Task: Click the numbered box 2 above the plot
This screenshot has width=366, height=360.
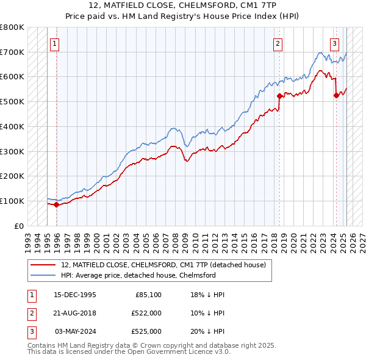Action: (x=278, y=43)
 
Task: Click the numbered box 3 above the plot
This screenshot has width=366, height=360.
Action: (x=335, y=43)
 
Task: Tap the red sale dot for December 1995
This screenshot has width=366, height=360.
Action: (x=57, y=204)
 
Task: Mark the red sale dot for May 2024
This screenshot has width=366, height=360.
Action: (x=336, y=95)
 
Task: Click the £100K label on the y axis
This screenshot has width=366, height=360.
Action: (x=12, y=201)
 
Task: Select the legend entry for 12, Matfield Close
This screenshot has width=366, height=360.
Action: (x=163, y=265)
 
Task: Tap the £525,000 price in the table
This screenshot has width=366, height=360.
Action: (x=146, y=331)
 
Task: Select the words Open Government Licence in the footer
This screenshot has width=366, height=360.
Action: (x=177, y=352)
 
